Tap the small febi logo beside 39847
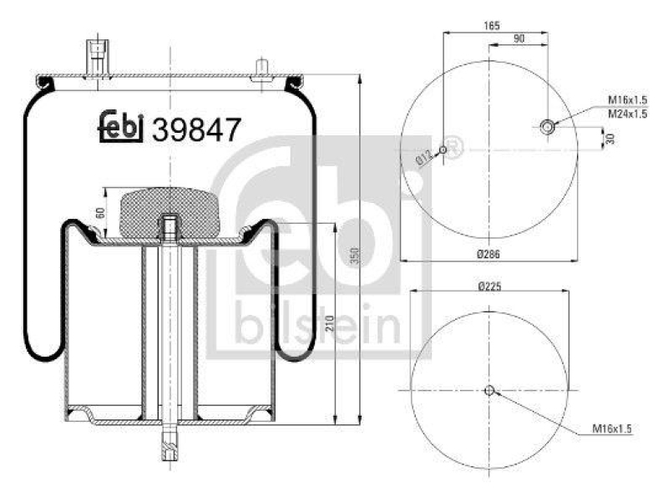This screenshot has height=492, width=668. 121,127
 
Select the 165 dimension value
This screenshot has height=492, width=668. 492,26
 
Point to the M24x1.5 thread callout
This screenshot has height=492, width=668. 627,114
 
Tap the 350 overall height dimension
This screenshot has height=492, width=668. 354,256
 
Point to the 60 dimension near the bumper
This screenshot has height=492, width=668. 100,212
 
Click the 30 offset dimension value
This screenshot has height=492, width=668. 611,138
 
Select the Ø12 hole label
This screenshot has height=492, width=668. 424,155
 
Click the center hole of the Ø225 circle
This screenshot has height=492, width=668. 490,389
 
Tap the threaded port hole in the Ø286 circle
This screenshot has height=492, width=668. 548,127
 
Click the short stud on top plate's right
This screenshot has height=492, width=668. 261,68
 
